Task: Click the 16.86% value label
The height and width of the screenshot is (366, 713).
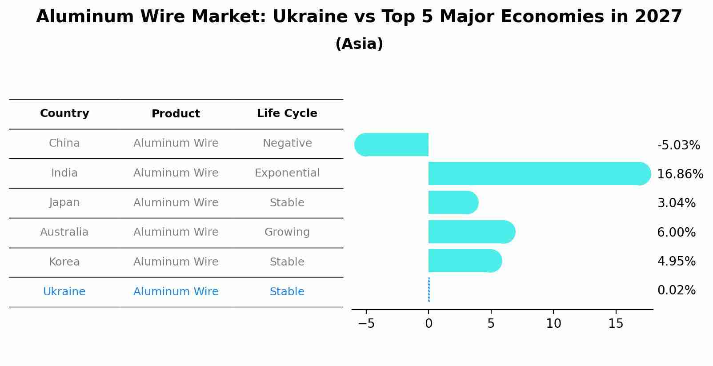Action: point(680,174)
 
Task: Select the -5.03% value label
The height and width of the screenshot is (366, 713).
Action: point(678,145)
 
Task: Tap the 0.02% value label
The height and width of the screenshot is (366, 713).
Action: point(676,290)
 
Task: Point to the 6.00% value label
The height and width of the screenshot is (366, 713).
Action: point(676,232)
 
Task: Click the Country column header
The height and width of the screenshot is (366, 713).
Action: point(64,113)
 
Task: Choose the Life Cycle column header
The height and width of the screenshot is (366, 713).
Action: point(287,113)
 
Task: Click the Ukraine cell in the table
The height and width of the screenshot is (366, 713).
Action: point(64,292)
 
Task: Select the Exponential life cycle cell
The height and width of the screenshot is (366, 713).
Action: point(287,173)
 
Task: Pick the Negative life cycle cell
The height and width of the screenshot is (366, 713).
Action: point(287,143)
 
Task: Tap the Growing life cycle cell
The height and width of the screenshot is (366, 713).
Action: point(287,232)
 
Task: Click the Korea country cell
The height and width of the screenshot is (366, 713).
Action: point(64,262)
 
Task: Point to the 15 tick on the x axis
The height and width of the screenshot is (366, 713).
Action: point(616,324)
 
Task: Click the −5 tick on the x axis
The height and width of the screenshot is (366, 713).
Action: point(366,324)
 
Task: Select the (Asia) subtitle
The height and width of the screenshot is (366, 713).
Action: point(359,44)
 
